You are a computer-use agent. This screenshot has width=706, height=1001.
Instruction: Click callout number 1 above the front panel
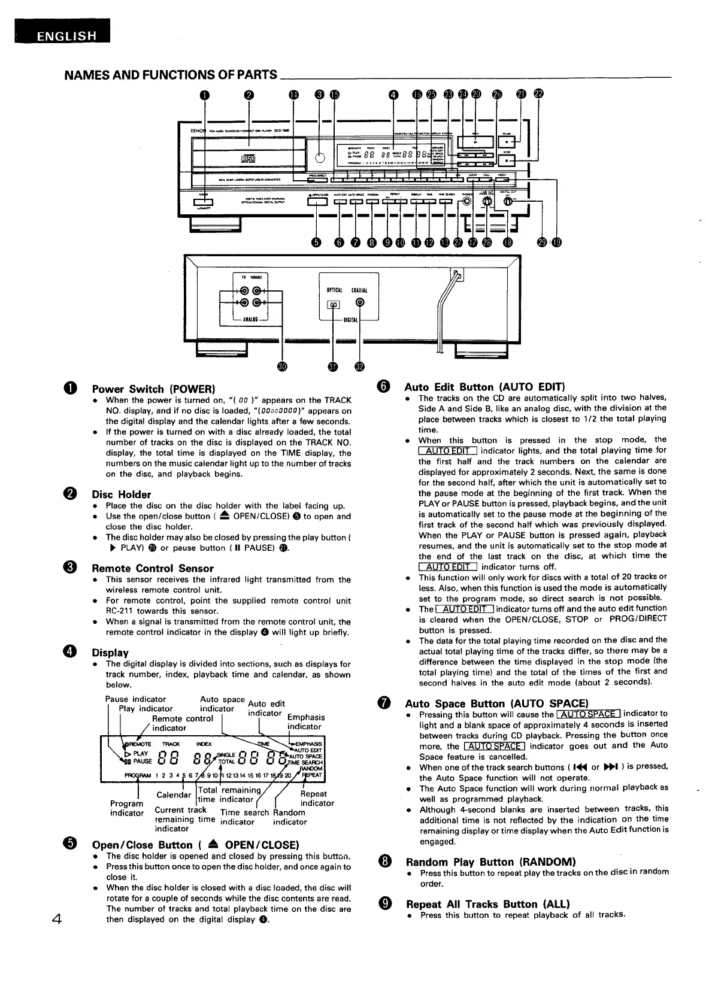pyautogui.click(x=205, y=94)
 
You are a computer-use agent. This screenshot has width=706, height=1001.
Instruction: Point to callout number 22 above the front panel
pyautogui.click(x=539, y=94)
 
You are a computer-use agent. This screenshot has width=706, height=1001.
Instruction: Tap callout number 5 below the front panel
pyautogui.click(x=316, y=242)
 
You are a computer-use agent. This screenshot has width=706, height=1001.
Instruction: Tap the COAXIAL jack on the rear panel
pyautogui.click(x=359, y=303)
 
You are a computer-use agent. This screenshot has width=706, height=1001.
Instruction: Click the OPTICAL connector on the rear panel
pyautogui.click(x=333, y=305)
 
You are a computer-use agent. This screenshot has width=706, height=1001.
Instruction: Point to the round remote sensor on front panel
pyautogui.click(x=320, y=157)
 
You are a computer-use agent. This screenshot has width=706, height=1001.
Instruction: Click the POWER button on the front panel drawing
pyautogui.click(x=204, y=202)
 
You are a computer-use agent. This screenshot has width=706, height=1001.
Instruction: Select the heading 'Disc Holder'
pyautogui.click(x=121, y=495)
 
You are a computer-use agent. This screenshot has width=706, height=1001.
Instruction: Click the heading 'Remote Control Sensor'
pyautogui.click(x=152, y=568)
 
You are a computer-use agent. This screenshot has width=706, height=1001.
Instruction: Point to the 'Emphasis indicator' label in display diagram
pyautogui.click(x=305, y=722)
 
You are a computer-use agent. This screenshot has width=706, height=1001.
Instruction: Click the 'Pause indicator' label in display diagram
pyautogui.click(x=135, y=699)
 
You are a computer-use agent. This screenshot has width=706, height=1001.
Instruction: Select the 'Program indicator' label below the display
pyautogui.click(x=127, y=808)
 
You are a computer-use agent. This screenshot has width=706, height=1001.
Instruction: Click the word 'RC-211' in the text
pyautogui.click(x=120, y=611)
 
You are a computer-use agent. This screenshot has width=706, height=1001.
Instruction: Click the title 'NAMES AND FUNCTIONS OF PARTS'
pyautogui.click(x=171, y=75)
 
